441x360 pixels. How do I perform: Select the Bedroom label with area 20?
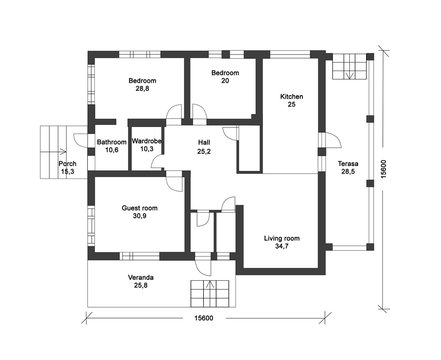tap(225, 73)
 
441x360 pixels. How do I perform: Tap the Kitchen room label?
tap(291, 96)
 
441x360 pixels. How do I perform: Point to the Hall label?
tap(204, 142)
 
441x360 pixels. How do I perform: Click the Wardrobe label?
tap(148, 141)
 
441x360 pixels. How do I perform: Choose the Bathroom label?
tap(112, 142)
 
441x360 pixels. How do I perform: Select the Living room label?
tap(282, 238)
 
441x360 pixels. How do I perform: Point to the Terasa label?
tap(348, 162)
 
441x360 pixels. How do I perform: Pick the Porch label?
tap(68, 163)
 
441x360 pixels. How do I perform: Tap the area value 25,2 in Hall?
tap(204, 152)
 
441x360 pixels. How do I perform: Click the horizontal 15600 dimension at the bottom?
tap(205, 318)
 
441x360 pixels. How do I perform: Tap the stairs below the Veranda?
tap(213, 294)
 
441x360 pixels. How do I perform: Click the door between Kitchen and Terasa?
tap(321, 142)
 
